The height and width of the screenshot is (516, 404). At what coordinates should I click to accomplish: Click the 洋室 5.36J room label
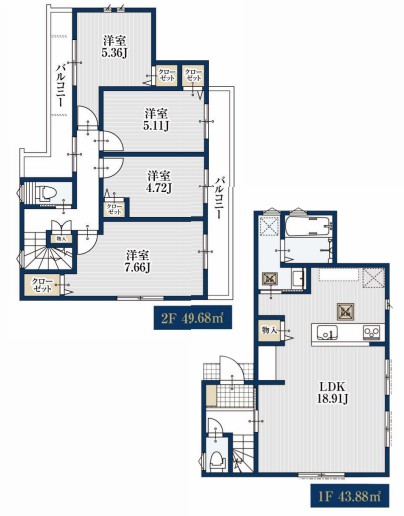tap(114, 47)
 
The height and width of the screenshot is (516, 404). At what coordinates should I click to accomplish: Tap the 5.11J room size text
tap(156, 126)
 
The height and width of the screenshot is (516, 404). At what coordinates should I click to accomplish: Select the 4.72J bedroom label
tap(159, 188)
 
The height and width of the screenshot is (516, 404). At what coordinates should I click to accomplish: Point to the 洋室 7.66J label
tap(137, 261)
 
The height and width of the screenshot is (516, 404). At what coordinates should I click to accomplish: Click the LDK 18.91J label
tap(332, 393)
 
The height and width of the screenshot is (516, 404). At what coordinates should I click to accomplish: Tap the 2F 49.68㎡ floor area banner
tap(192, 318)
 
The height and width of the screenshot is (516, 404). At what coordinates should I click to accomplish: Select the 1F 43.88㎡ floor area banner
tap(350, 496)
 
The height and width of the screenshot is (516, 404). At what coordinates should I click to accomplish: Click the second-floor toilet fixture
tap(46, 193)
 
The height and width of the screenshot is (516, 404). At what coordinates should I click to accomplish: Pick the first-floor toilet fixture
tap(218, 460)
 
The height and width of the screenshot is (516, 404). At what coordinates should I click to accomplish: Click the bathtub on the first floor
tap(308, 226)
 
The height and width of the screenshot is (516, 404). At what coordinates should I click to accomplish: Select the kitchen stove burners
tap(371, 332)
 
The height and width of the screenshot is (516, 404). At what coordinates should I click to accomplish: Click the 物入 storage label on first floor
tap(270, 330)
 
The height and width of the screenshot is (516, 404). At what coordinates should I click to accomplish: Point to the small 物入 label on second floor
tap(61, 239)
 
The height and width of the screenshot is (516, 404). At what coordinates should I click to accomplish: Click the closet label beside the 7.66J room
tap(42, 285)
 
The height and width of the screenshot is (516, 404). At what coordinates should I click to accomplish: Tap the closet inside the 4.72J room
tap(114, 209)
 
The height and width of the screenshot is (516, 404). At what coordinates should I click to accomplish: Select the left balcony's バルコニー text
tap(60, 84)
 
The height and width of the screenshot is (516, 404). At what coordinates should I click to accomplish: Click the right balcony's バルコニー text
tap(218, 198)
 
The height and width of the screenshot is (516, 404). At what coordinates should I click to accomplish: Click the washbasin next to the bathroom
tap(298, 278)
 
